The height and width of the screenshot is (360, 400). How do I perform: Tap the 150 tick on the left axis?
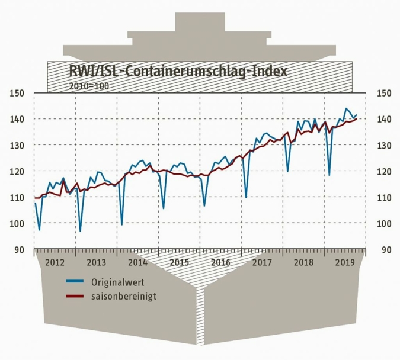[17, 93]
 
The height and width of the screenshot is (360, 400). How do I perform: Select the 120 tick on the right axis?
[382, 171]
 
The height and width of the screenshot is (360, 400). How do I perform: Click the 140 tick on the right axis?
[382, 119]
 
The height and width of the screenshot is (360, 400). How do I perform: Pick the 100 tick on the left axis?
[17, 223]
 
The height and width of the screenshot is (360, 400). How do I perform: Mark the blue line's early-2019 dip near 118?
[329, 175]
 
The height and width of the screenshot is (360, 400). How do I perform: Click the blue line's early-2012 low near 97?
[39, 230]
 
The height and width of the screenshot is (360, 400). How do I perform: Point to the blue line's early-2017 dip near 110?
[246, 197]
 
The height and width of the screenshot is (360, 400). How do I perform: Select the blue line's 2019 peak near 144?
[347, 108]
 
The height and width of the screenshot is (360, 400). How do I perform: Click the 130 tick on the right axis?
[382, 145]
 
